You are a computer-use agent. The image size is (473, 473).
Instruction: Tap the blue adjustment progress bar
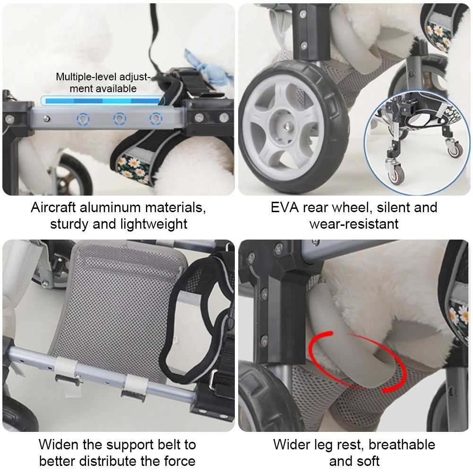pyautogui.click(x=103, y=100)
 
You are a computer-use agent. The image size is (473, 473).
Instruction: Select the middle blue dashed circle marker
pyautogui.click(x=120, y=119)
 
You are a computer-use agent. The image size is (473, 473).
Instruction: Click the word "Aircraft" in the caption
pyautogui.click(x=53, y=207)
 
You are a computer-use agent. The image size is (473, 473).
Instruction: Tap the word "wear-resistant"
pyautogui.click(x=354, y=224)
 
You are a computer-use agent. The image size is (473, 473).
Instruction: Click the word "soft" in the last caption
pyautogui.click(x=367, y=461)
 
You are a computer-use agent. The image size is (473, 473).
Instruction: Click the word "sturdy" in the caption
pyautogui.click(x=69, y=224)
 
